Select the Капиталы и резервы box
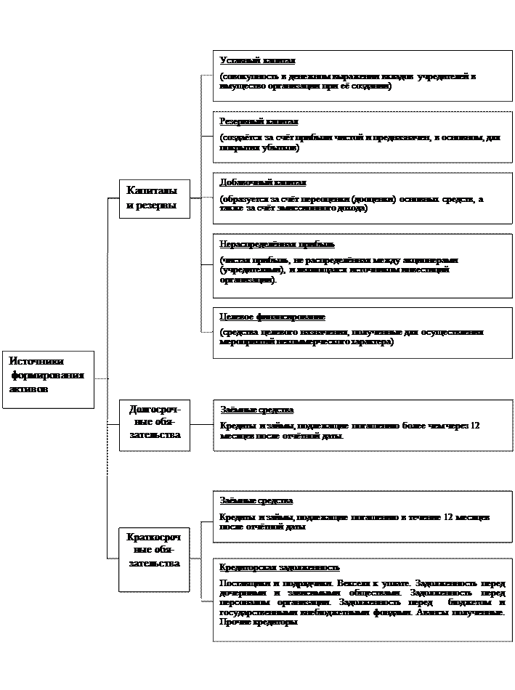click(155, 198)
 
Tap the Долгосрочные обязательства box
click(155, 424)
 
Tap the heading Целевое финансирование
click(272, 317)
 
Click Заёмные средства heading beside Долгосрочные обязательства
click(256, 410)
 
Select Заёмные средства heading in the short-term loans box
click(256, 501)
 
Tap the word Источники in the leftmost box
click(37, 361)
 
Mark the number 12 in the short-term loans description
click(448, 517)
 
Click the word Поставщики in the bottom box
click(243, 583)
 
